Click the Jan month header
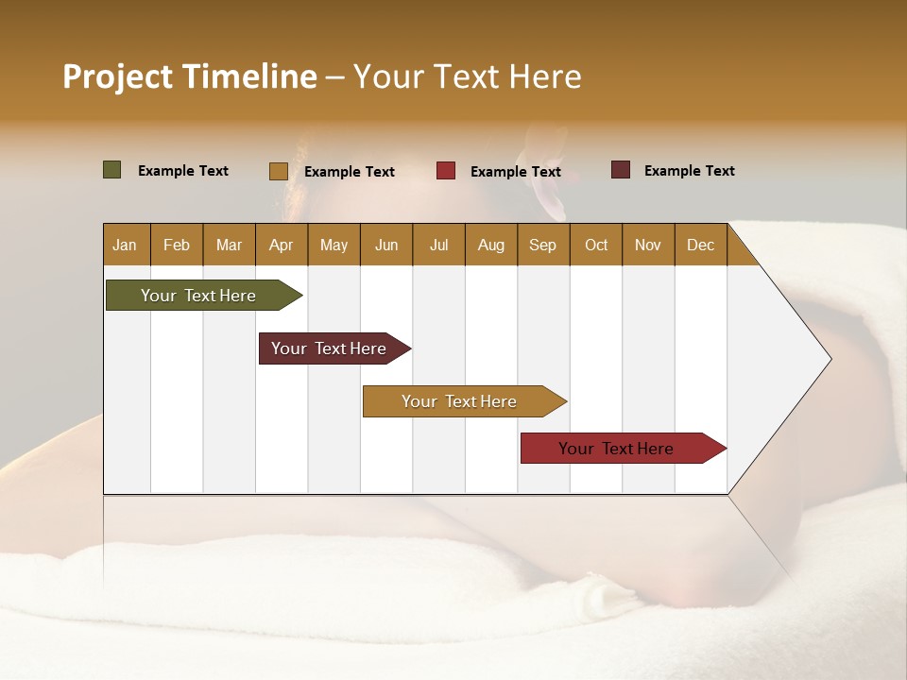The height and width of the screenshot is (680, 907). (x=125, y=245)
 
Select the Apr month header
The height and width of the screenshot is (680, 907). (x=281, y=245)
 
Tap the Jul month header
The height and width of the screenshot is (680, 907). (x=438, y=245)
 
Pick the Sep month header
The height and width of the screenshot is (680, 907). (x=542, y=245)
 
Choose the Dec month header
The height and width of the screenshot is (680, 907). (x=700, y=245)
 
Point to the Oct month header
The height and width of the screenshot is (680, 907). (x=595, y=245)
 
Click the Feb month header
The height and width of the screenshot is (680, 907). (x=177, y=245)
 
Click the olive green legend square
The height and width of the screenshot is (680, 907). (x=111, y=170)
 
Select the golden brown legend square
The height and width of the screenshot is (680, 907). (x=278, y=171)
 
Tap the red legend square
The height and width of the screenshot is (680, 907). (x=445, y=171)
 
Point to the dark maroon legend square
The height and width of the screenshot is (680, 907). (x=620, y=170)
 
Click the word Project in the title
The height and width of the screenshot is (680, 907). (x=117, y=76)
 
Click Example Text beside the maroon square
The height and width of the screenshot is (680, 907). (x=689, y=170)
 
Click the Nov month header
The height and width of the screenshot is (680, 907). (x=647, y=245)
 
